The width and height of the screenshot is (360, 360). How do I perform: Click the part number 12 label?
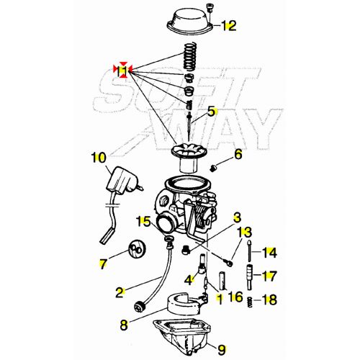(x=229, y=27)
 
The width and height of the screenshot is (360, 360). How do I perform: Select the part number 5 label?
(x=212, y=112)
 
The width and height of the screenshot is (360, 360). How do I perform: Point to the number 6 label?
(x=238, y=155)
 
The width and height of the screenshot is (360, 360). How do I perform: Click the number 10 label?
(x=99, y=157)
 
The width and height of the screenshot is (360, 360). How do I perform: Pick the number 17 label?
(x=269, y=275)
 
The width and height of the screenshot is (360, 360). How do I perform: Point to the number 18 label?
(x=270, y=300)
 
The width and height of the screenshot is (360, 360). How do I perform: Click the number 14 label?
(x=269, y=252)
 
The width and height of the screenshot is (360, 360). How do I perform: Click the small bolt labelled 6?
(x=214, y=168)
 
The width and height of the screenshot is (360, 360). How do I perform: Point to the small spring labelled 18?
(x=250, y=300)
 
